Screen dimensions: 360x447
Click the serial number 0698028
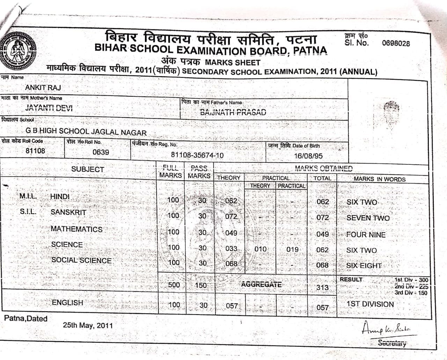click(x=396, y=43)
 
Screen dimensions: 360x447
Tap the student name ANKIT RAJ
click(x=43, y=87)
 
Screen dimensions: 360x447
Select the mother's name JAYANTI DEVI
click(x=49, y=108)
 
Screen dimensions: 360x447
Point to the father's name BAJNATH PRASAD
click(x=233, y=112)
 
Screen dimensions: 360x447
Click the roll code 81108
click(x=35, y=151)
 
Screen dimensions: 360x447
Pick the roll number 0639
click(x=101, y=152)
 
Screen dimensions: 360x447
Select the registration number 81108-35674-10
click(x=197, y=155)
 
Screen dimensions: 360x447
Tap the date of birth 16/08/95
click(x=308, y=156)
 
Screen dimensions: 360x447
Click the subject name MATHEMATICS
click(x=76, y=229)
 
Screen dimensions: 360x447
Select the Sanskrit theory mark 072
click(x=231, y=216)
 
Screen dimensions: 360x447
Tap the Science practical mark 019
click(x=292, y=249)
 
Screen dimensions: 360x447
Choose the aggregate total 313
click(x=322, y=287)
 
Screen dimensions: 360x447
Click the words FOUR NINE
click(x=366, y=235)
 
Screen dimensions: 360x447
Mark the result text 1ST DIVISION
click(x=370, y=304)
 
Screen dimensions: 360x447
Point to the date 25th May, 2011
click(x=88, y=325)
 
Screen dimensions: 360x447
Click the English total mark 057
click(x=322, y=307)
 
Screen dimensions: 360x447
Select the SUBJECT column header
click(x=88, y=169)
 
